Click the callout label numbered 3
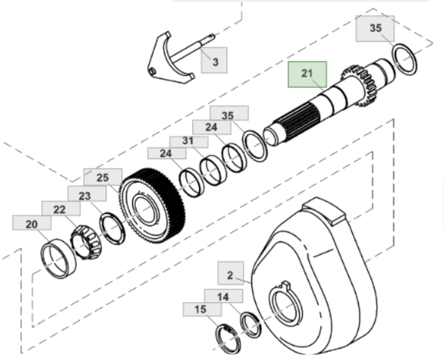pos(216,62)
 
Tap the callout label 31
pos(188,141)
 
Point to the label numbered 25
pos(102,177)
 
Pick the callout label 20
pos(31,225)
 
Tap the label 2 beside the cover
pos(230,274)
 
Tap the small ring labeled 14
pos(250,323)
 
